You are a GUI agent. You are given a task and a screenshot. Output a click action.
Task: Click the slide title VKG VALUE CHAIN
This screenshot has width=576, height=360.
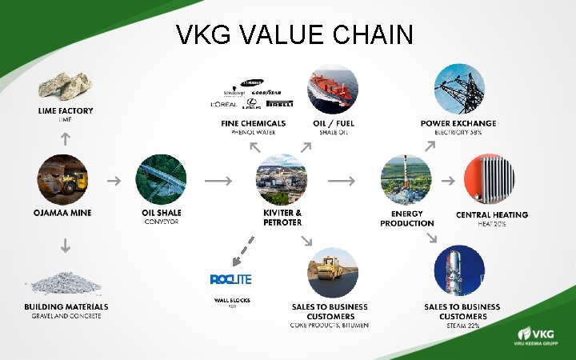point(294,34)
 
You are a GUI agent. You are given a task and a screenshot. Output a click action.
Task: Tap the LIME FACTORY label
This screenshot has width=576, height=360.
point(65,111)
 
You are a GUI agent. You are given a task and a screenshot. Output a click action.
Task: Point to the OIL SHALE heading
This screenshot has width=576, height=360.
point(162,214)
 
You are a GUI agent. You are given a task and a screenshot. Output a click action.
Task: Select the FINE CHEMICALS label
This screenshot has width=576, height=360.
point(254,123)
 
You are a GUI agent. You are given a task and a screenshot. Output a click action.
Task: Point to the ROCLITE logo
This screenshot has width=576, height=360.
point(231,279)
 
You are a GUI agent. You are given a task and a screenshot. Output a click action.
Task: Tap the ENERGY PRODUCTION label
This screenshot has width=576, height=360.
point(406,218)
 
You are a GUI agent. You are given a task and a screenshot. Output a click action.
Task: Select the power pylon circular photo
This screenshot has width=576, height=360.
point(458,89)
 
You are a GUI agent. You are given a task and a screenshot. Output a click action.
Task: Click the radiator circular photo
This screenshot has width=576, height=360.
point(491,180)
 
